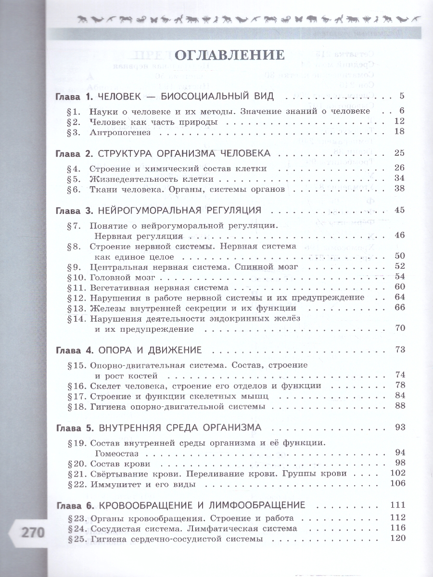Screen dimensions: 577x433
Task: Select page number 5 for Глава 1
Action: pyautogui.click(x=402, y=97)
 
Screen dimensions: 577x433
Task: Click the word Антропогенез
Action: pyautogui.click(x=120, y=132)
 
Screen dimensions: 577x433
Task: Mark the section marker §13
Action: pyautogui.click(x=75, y=308)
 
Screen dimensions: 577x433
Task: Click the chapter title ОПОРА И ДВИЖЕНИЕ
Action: pyautogui.click(x=150, y=350)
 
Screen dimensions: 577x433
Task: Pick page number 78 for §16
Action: pyautogui.click(x=399, y=386)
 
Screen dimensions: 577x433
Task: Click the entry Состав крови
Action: pyautogui.click(x=120, y=464)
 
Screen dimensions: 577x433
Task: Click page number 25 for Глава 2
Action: pyautogui.click(x=399, y=153)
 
